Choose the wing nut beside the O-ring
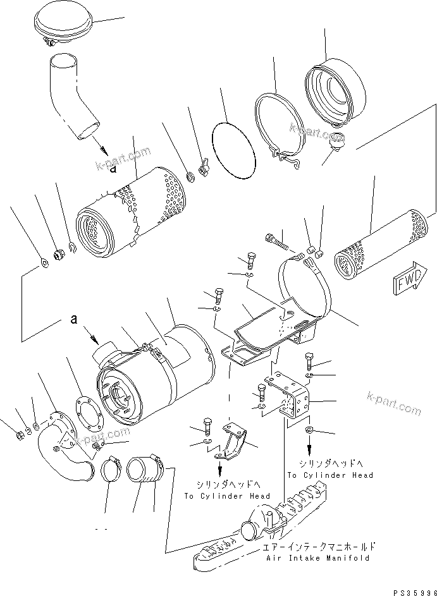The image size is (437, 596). (x=204, y=169)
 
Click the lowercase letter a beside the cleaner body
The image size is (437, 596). (x=74, y=320)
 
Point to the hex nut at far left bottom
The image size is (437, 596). (x=19, y=435)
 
